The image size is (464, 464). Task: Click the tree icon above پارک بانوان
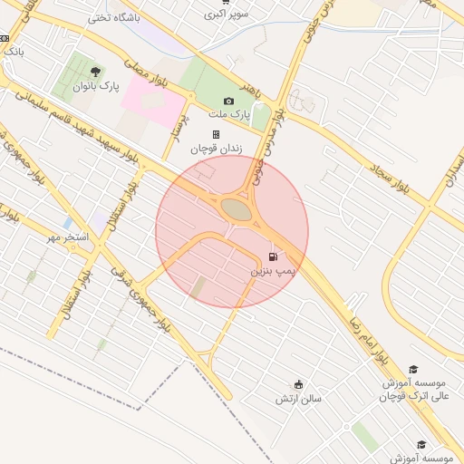[97, 72]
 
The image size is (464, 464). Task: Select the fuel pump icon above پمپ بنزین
[273, 256]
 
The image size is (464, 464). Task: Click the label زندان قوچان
[216, 149]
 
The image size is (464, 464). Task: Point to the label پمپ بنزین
[273, 271]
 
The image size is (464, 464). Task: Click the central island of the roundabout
[237, 209]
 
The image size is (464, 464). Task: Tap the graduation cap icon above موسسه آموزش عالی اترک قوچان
[413, 369]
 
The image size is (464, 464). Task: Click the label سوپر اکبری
[226, 14]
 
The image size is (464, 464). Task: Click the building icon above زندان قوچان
[216, 135]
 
